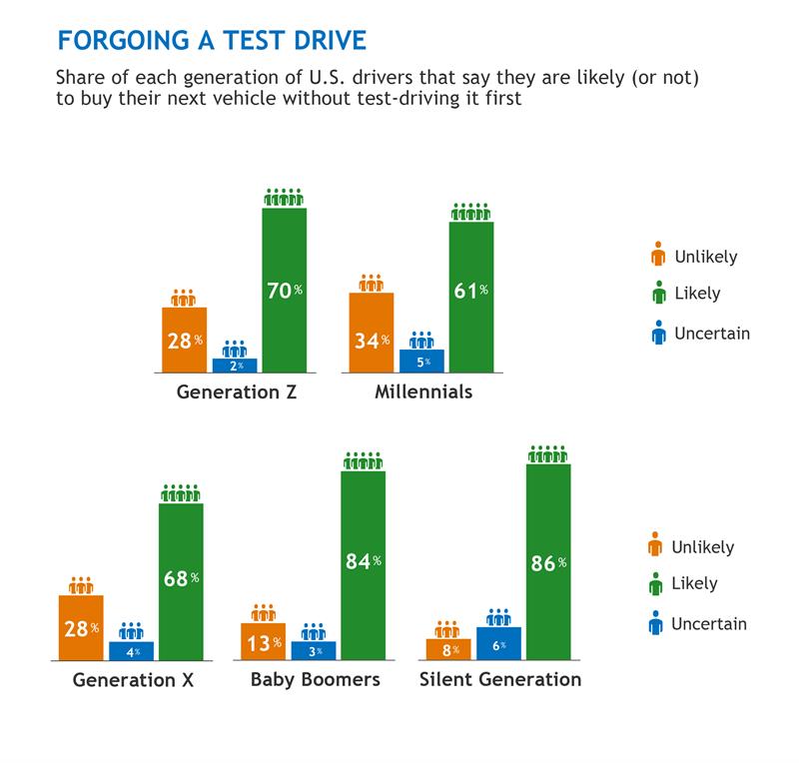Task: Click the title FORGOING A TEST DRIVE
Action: point(212,40)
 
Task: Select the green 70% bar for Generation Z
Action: point(284,290)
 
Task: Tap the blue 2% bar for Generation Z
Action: point(235,366)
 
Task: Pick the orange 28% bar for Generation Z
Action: point(184,340)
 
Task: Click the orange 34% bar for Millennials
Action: point(371,333)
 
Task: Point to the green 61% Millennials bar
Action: point(470,297)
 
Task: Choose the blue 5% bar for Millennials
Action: point(421,362)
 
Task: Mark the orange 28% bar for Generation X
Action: point(81,628)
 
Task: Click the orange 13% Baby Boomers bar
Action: point(263,641)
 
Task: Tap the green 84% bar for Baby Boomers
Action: point(363,565)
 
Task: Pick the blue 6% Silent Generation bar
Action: point(498,644)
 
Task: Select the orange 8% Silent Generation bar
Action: point(448,650)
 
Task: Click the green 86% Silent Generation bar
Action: point(547,562)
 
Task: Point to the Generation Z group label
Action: point(237,391)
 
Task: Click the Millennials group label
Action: point(423,391)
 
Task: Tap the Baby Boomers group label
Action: point(315,680)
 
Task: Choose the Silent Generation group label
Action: point(499,680)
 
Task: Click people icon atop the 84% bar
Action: point(363,460)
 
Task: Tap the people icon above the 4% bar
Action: point(131,631)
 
